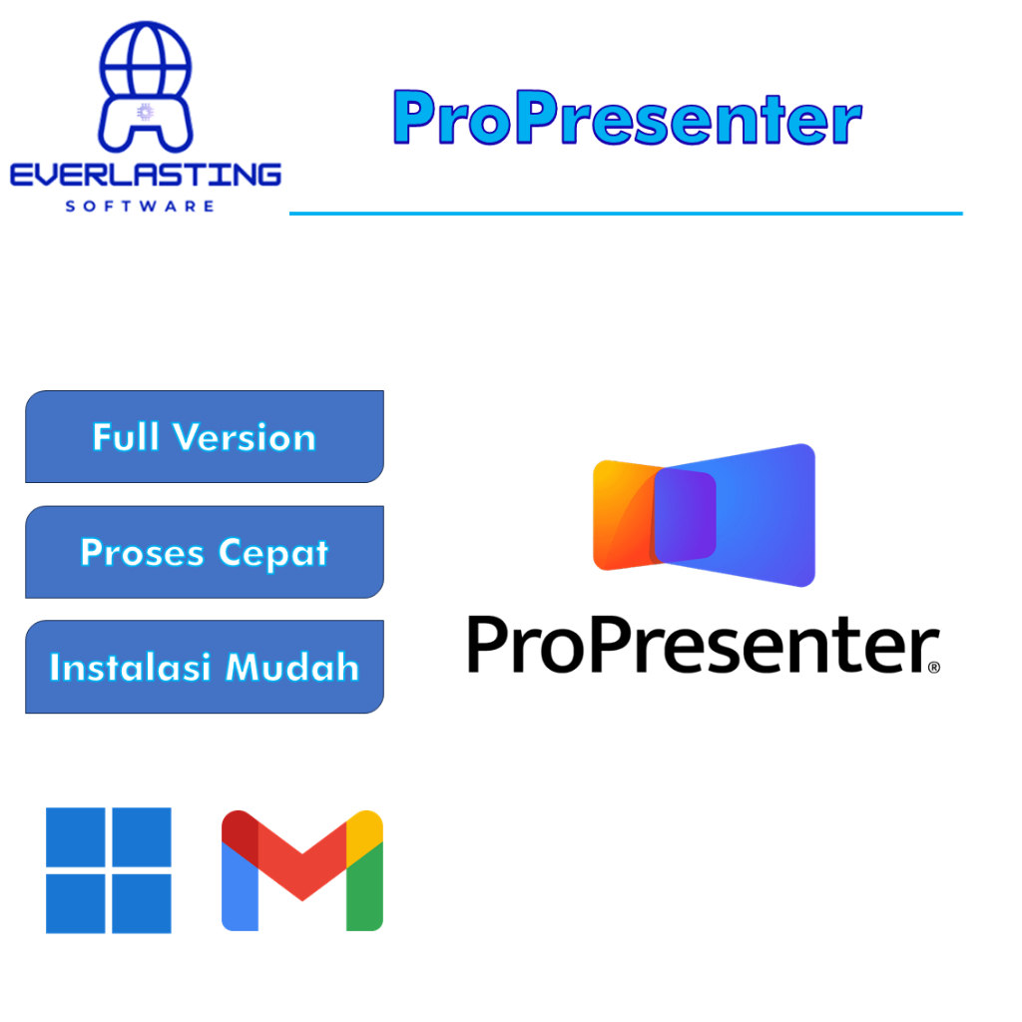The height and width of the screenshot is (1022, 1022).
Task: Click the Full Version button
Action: click(x=204, y=437)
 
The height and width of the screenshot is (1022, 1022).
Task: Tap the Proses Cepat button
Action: click(x=204, y=552)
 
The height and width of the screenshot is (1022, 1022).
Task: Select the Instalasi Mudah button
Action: click(x=204, y=667)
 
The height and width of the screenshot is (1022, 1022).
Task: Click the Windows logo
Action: click(x=108, y=870)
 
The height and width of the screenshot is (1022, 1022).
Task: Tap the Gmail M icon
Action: click(x=301, y=870)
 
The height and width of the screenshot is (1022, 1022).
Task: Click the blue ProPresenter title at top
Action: click(x=627, y=118)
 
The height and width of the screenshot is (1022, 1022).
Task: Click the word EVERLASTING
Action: click(x=146, y=175)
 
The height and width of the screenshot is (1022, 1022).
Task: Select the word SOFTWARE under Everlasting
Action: click(x=140, y=206)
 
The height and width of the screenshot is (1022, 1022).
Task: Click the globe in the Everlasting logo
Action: click(x=146, y=62)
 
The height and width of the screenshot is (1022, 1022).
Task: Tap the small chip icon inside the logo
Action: click(x=146, y=112)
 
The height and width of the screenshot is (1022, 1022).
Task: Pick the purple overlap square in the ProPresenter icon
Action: click(x=685, y=515)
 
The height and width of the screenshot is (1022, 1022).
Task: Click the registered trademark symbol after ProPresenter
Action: click(x=934, y=667)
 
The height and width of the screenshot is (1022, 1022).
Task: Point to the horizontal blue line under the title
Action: click(x=626, y=214)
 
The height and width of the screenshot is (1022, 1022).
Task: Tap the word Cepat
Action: click(x=273, y=554)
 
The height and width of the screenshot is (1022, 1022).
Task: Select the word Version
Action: click(x=245, y=437)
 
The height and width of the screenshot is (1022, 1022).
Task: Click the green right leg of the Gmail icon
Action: click(x=364, y=885)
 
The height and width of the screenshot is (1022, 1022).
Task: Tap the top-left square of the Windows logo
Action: click(x=76, y=837)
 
